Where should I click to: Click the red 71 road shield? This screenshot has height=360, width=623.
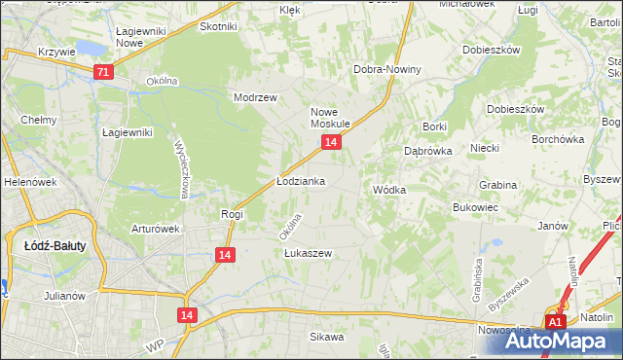pyautogui.click(x=104, y=72)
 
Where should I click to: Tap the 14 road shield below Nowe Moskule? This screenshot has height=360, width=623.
pyautogui.click(x=332, y=142)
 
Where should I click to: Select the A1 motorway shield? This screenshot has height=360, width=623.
pyautogui.click(x=555, y=322)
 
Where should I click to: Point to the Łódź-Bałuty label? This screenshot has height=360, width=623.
pyautogui.click(x=55, y=246)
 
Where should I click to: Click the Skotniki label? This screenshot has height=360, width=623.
pyautogui.click(x=218, y=26)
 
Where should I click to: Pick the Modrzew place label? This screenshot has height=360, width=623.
pyautogui.click(x=256, y=98)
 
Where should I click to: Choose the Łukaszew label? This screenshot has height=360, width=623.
pyautogui.click(x=309, y=253)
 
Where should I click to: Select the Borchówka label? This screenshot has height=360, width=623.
pyautogui.click(x=557, y=139)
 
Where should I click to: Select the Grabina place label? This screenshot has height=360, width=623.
pyautogui.click(x=497, y=184)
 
